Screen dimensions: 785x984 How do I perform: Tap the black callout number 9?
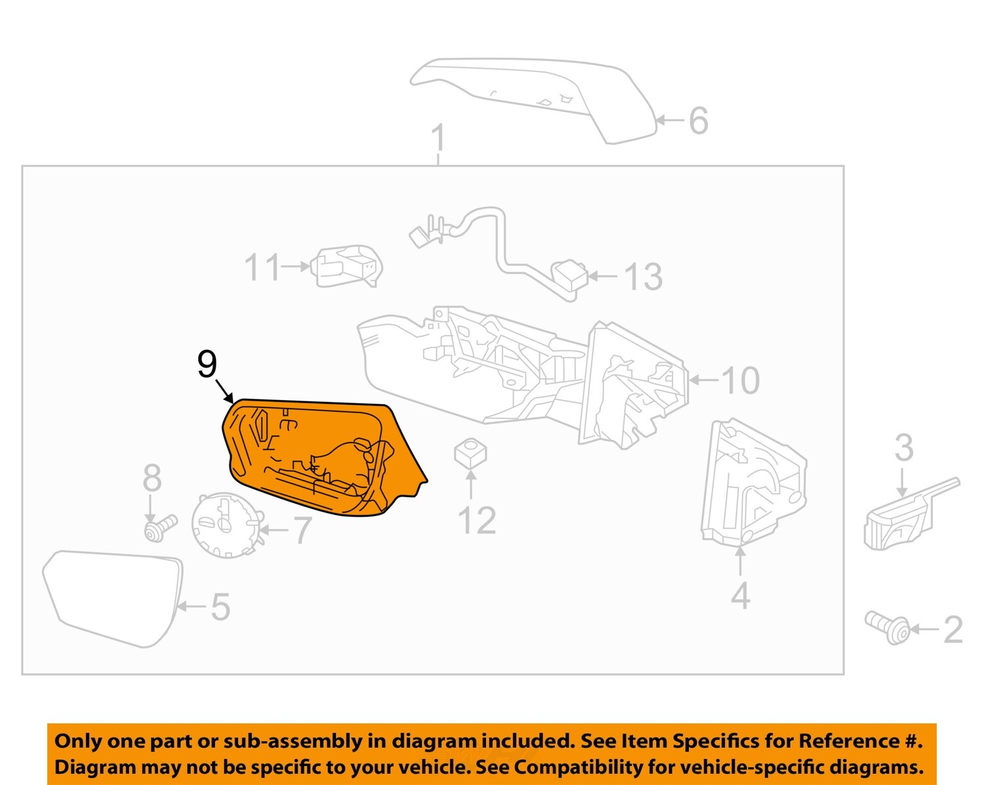pos(207,364)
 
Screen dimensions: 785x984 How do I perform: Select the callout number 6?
pos(698,121)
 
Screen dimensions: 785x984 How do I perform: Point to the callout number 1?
pos(438,138)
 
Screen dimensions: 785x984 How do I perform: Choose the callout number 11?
pos(262,268)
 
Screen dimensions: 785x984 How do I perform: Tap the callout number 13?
pos(643,277)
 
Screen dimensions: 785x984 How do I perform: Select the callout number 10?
pos(740,380)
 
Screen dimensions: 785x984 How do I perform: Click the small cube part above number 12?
pos(470,452)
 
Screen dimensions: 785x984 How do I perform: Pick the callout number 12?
pos(476,521)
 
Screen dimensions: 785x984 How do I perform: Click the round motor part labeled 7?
pos(226,525)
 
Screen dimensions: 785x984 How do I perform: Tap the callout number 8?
pos(152,478)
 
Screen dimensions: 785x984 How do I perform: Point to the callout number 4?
pos(740,595)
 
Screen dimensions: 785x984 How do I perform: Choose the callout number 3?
pos(904,448)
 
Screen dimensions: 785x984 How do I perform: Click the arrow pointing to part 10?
pos(704,380)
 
